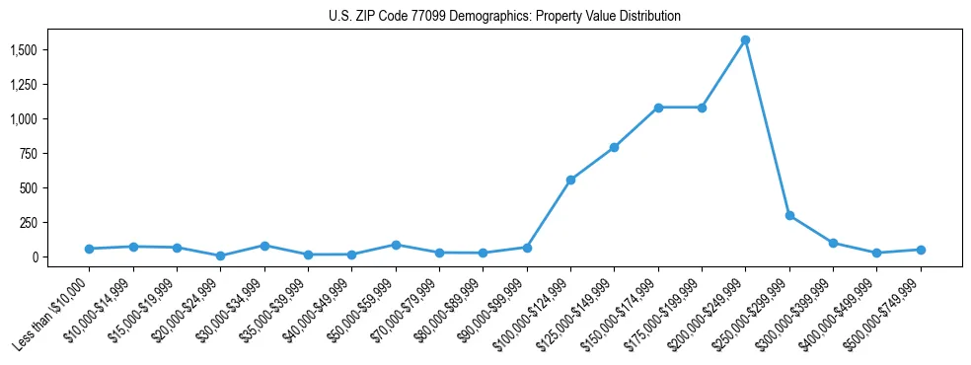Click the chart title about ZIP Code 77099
click(504, 17)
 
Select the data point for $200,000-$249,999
click(745, 40)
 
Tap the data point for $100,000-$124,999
click(570, 180)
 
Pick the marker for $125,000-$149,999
click(614, 147)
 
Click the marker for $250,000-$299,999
click(789, 215)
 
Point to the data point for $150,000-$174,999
click(658, 108)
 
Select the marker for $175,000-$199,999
click(702, 108)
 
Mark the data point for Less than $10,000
click(89, 249)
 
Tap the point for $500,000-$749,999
click(921, 250)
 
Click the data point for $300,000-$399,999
click(833, 243)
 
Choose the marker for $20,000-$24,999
click(220, 255)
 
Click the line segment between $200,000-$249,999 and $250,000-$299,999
click(768, 128)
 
